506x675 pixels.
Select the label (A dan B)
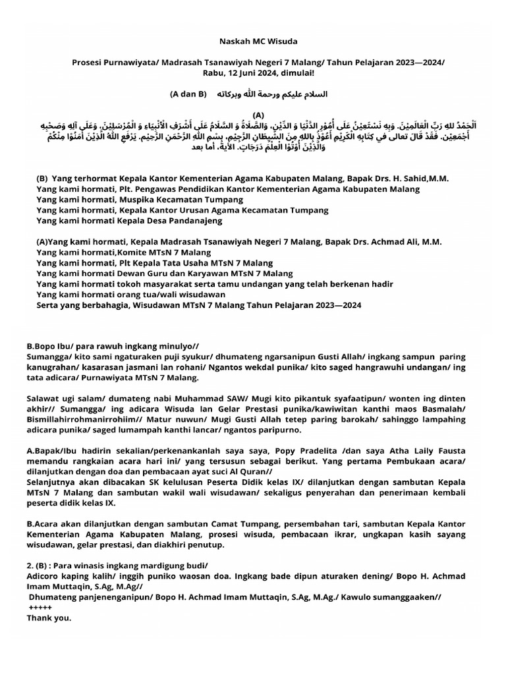pyautogui.click(x=188, y=94)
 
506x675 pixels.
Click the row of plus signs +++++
pyautogui.click(x=40, y=608)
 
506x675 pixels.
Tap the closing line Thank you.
pyautogui.click(x=49, y=618)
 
